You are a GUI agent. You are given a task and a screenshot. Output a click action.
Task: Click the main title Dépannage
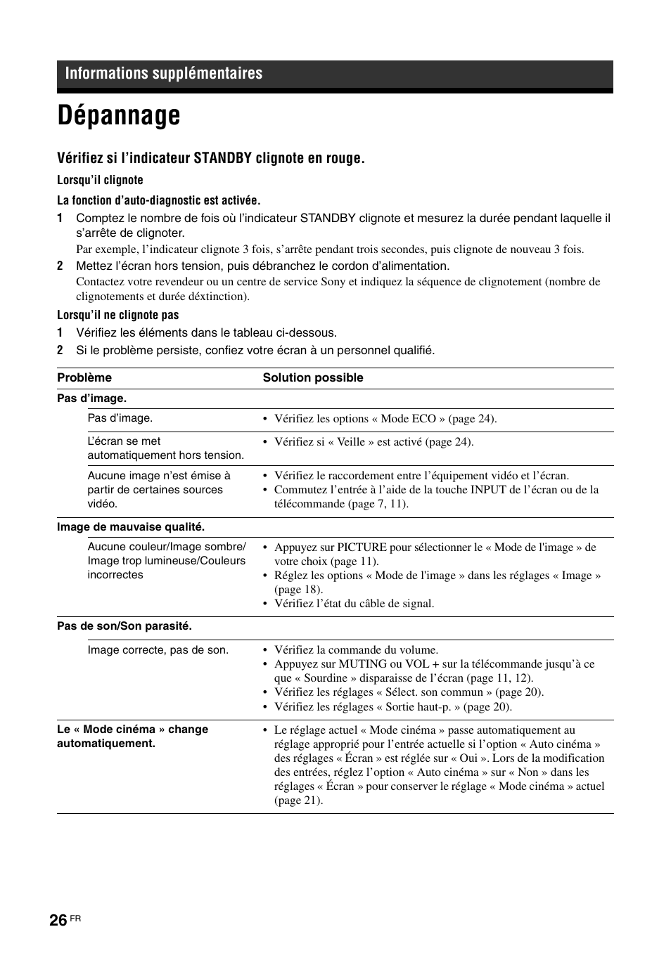coord(119,116)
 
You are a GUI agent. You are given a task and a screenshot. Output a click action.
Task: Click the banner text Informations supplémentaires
coord(164,74)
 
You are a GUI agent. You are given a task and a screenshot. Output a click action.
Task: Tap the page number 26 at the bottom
coord(58,920)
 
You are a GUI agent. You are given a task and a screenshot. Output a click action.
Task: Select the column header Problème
coord(84,377)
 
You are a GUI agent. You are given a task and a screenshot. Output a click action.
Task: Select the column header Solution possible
coord(313,377)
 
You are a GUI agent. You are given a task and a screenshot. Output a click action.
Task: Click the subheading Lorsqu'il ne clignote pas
coord(118,315)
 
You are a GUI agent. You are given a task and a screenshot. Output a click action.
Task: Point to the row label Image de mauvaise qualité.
coord(131,526)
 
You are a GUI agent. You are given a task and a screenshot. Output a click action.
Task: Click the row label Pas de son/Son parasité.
coord(124,625)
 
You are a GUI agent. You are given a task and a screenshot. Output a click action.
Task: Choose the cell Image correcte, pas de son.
coord(158,650)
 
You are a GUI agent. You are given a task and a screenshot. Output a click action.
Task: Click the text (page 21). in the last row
coord(299,800)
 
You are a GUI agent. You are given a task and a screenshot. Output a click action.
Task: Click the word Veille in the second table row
coord(351,442)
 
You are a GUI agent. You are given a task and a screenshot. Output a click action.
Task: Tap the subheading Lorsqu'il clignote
coord(100,180)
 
